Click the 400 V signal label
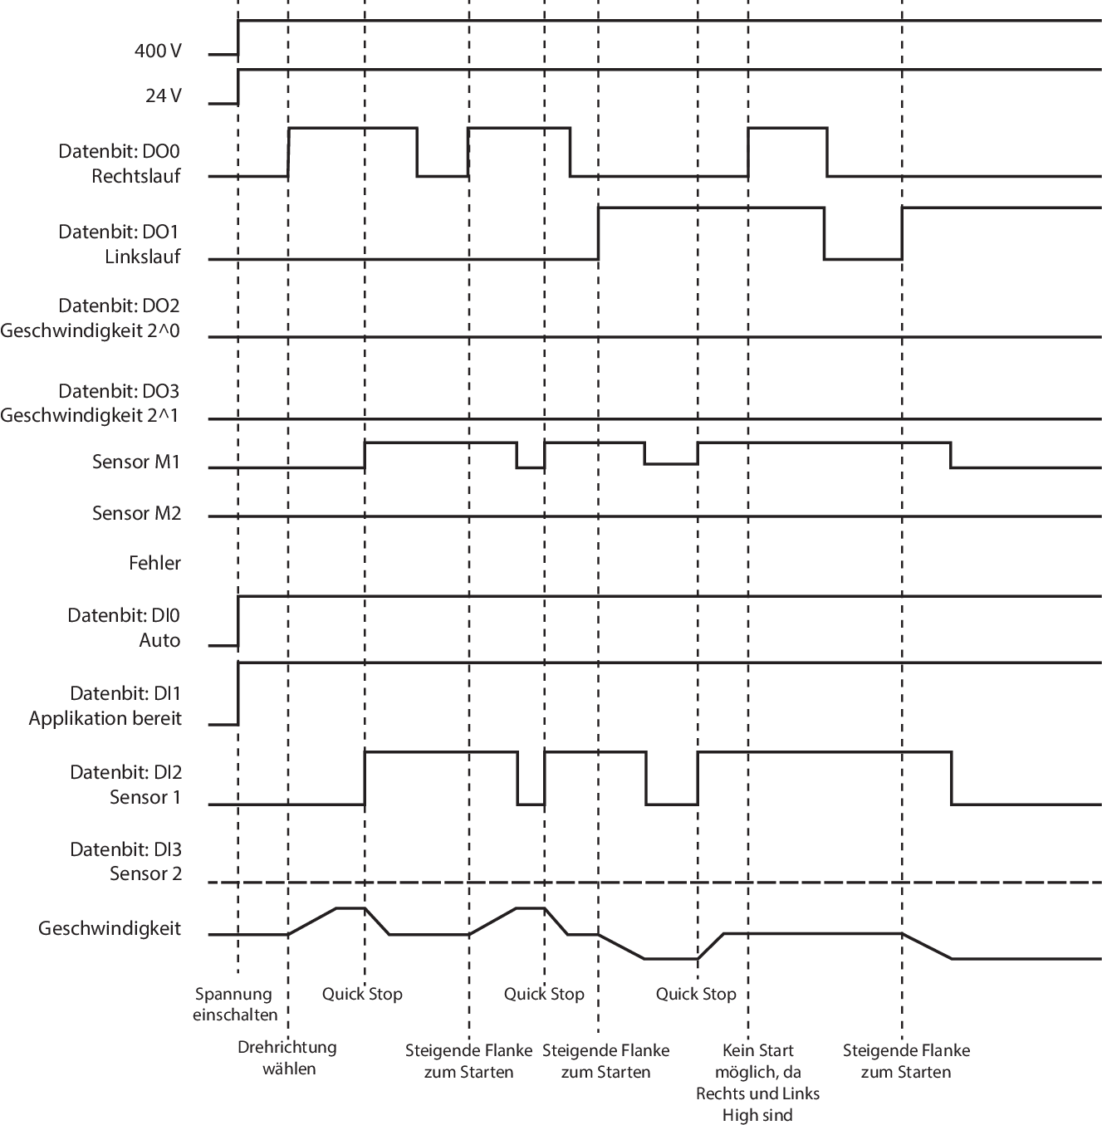(x=157, y=51)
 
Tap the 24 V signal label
(x=163, y=95)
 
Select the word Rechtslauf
(x=136, y=176)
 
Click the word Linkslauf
(x=143, y=257)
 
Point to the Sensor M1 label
(x=136, y=462)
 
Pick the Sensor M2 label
(x=136, y=513)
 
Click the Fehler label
(x=154, y=563)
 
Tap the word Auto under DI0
(x=159, y=640)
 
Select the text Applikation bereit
(x=105, y=718)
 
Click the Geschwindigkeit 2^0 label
(x=91, y=330)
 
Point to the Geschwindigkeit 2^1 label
(x=91, y=415)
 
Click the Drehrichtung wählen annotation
(x=287, y=1058)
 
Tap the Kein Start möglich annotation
(x=757, y=1082)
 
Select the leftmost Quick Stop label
(x=362, y=994)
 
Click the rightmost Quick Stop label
(x=696, y=994)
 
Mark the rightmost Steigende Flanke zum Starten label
(x=906, y=1061)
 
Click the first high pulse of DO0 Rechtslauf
(x=352, y=129)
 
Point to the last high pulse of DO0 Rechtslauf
(x=787, y=129)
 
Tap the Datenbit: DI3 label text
(x=125, y=849)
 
